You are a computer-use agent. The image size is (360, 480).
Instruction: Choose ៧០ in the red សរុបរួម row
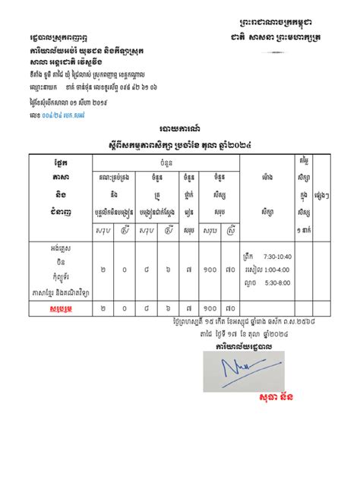pyautogui.click(x=229, y=310)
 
